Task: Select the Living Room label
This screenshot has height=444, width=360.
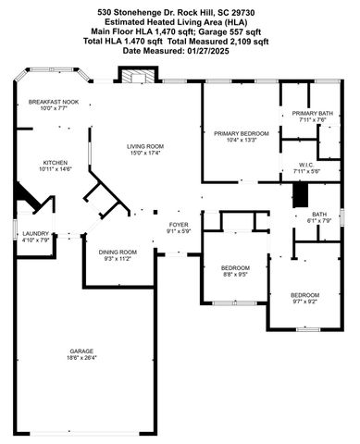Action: click(x=145, y=146)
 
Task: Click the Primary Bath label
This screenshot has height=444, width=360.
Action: click(x=299, y=113)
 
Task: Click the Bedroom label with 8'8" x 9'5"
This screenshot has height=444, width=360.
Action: click(x=236, y=267)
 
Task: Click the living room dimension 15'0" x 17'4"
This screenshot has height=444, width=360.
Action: click(x=145, y=153)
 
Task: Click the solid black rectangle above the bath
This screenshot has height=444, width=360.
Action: click(x=299, y=194)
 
